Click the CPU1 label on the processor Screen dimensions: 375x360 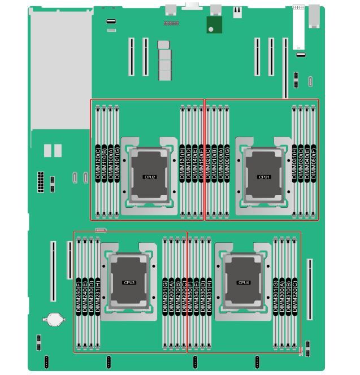pos(264,177)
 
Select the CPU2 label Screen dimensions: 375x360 pos(150,177)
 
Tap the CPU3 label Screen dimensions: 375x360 pos(129,282)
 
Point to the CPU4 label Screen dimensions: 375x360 pos(244,282)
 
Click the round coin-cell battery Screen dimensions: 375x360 pos(54,320)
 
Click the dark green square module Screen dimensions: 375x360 pos(214,25)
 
